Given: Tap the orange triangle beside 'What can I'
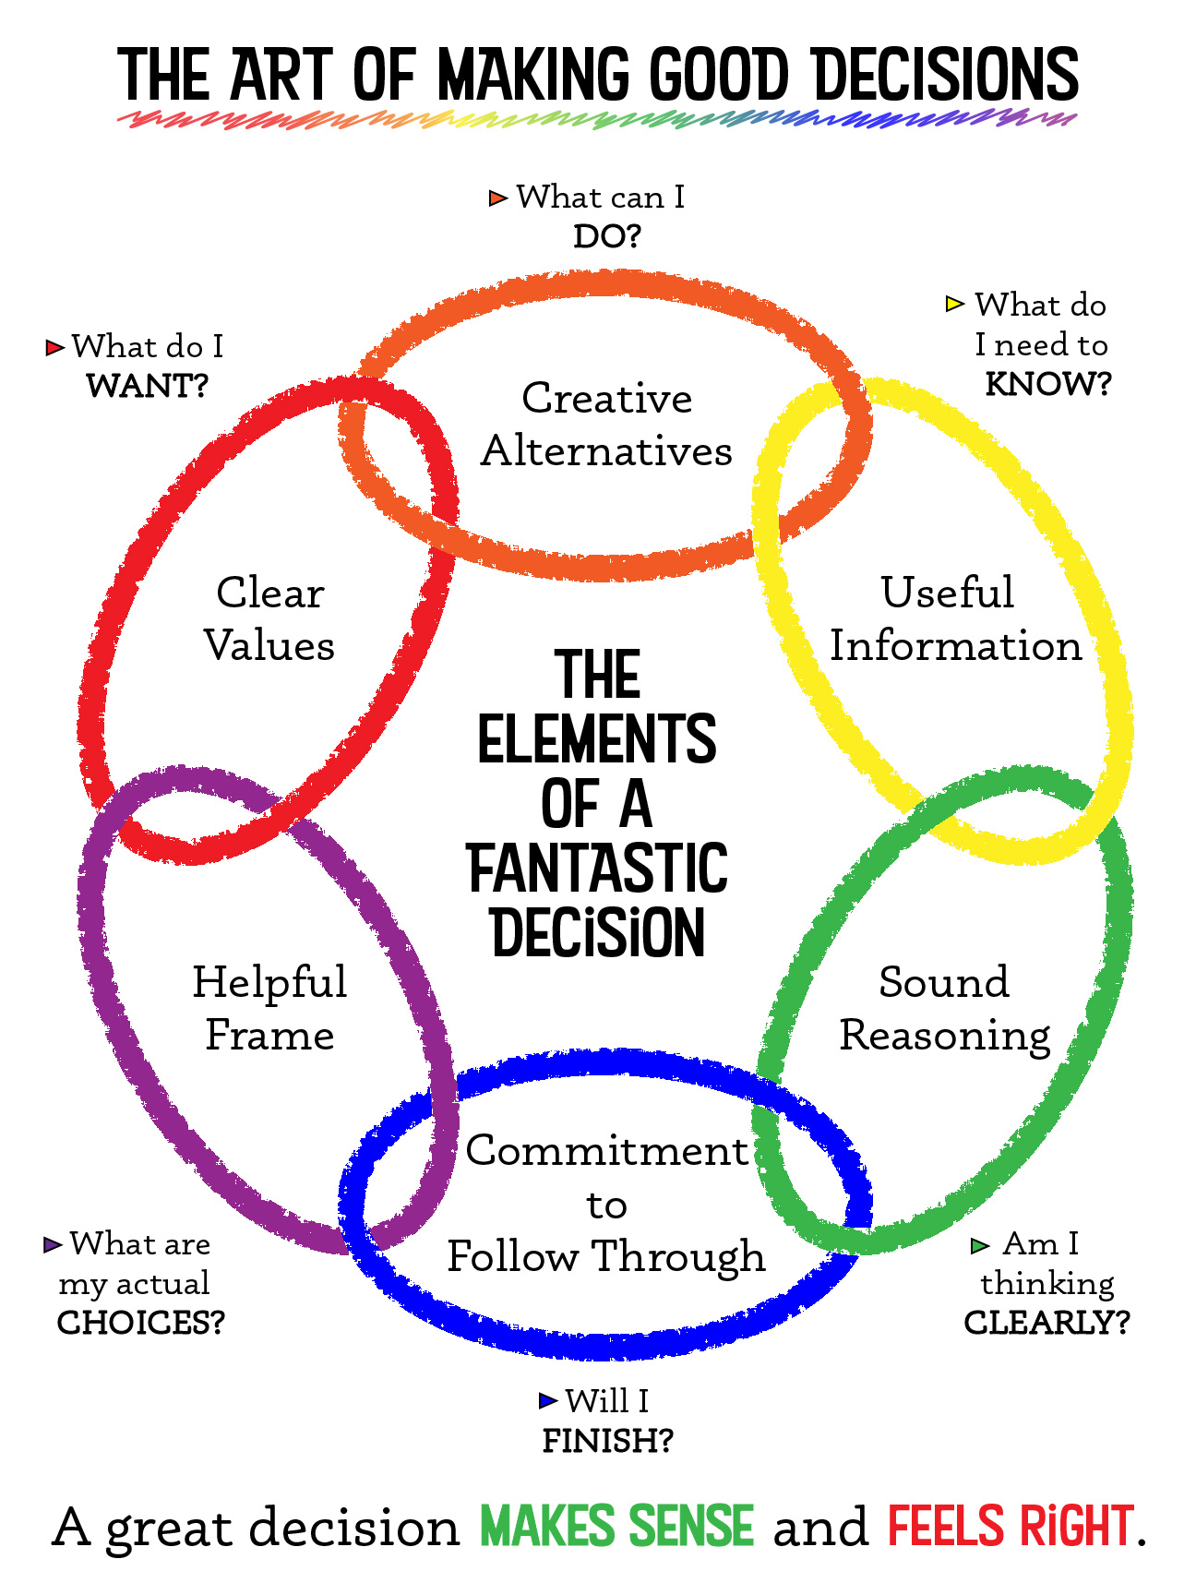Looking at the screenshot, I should click(x=498, y=198).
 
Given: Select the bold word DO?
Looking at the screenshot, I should click(x=606, y=237).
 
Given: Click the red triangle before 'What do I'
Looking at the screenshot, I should click(x=55, y=348).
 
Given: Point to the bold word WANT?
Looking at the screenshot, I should click(x=148, y=386).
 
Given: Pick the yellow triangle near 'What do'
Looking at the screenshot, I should click(x=955, y=304).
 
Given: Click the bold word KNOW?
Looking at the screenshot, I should click(x=1048, y=384).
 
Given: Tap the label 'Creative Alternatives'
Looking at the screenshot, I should click(x=606, y=425).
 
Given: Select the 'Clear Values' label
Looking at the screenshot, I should click(x=269, y=618).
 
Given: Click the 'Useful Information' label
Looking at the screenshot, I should click(x=955, y=618).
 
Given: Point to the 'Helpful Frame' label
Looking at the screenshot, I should click(x=269, y=1008).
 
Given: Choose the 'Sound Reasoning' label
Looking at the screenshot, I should click(x=945, y=1008).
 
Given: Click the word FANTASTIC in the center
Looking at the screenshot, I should click(x=598, y=869).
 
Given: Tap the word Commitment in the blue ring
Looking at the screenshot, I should click(x=606, y=1151).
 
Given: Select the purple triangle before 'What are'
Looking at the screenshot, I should click(x=53, y=1245).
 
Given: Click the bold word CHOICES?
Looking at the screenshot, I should click(x=141, y=1323).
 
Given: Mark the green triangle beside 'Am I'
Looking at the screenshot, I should click(x=980, y=1246).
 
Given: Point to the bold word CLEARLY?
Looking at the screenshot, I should click(x=1046, y=1323).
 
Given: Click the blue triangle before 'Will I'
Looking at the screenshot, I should click(x=548, y=1401).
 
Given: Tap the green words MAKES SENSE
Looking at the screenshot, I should click(x=616, y=1527).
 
